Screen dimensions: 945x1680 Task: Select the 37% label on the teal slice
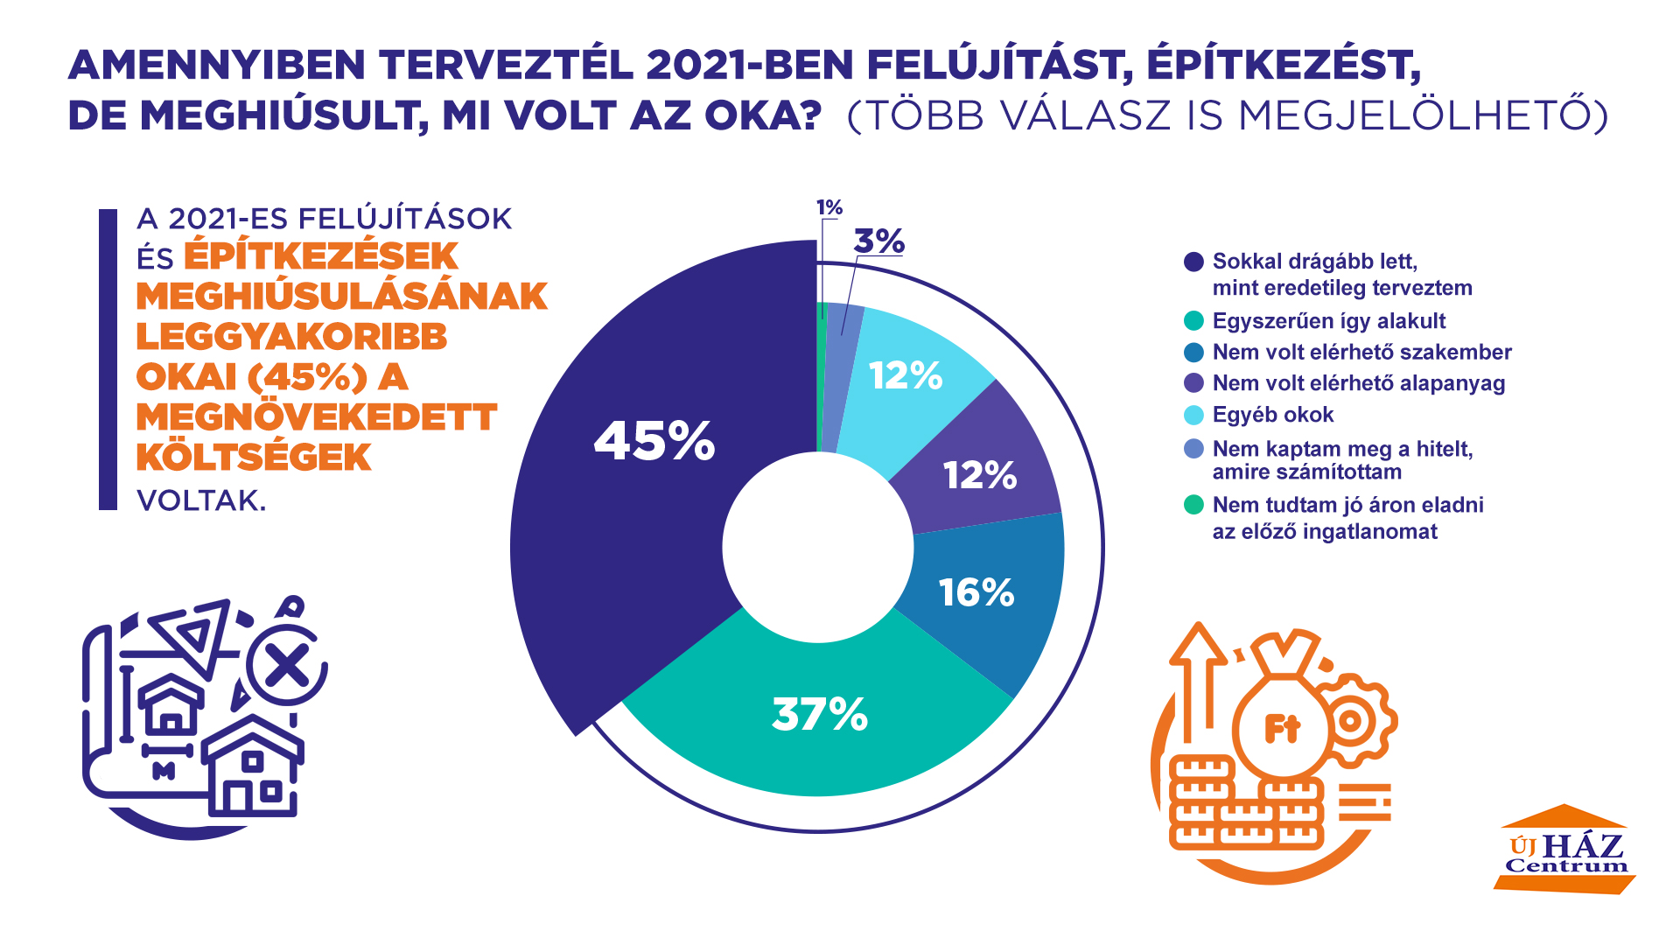click(x=820, y=714)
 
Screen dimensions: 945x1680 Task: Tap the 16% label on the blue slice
click(x=976, y=592)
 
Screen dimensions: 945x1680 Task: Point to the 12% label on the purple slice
click(x=980, y=475)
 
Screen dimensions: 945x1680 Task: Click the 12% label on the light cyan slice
click(x=906, y=375)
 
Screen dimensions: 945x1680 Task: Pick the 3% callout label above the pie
click(x=878, y=241)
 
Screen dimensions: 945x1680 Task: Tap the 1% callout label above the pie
click(x=829, y=207)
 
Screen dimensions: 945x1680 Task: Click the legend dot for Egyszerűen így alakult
click(x=1193, y=321)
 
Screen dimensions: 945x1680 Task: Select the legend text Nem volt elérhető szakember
click(x=1361, y=352)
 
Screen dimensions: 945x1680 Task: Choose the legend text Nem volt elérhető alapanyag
click(x=1358, y=383)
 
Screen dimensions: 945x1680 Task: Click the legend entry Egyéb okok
click(x=1272, y=415)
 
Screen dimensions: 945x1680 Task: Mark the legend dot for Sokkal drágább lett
click(x=1193, y=262)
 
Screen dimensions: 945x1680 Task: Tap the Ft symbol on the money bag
click(x=1282, y=728)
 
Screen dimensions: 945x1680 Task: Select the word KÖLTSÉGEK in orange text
click(x=254, y=458)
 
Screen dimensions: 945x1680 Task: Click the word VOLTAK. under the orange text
click(x=201, y=500)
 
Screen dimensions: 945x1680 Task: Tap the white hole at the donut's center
click(x=818, y=547)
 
